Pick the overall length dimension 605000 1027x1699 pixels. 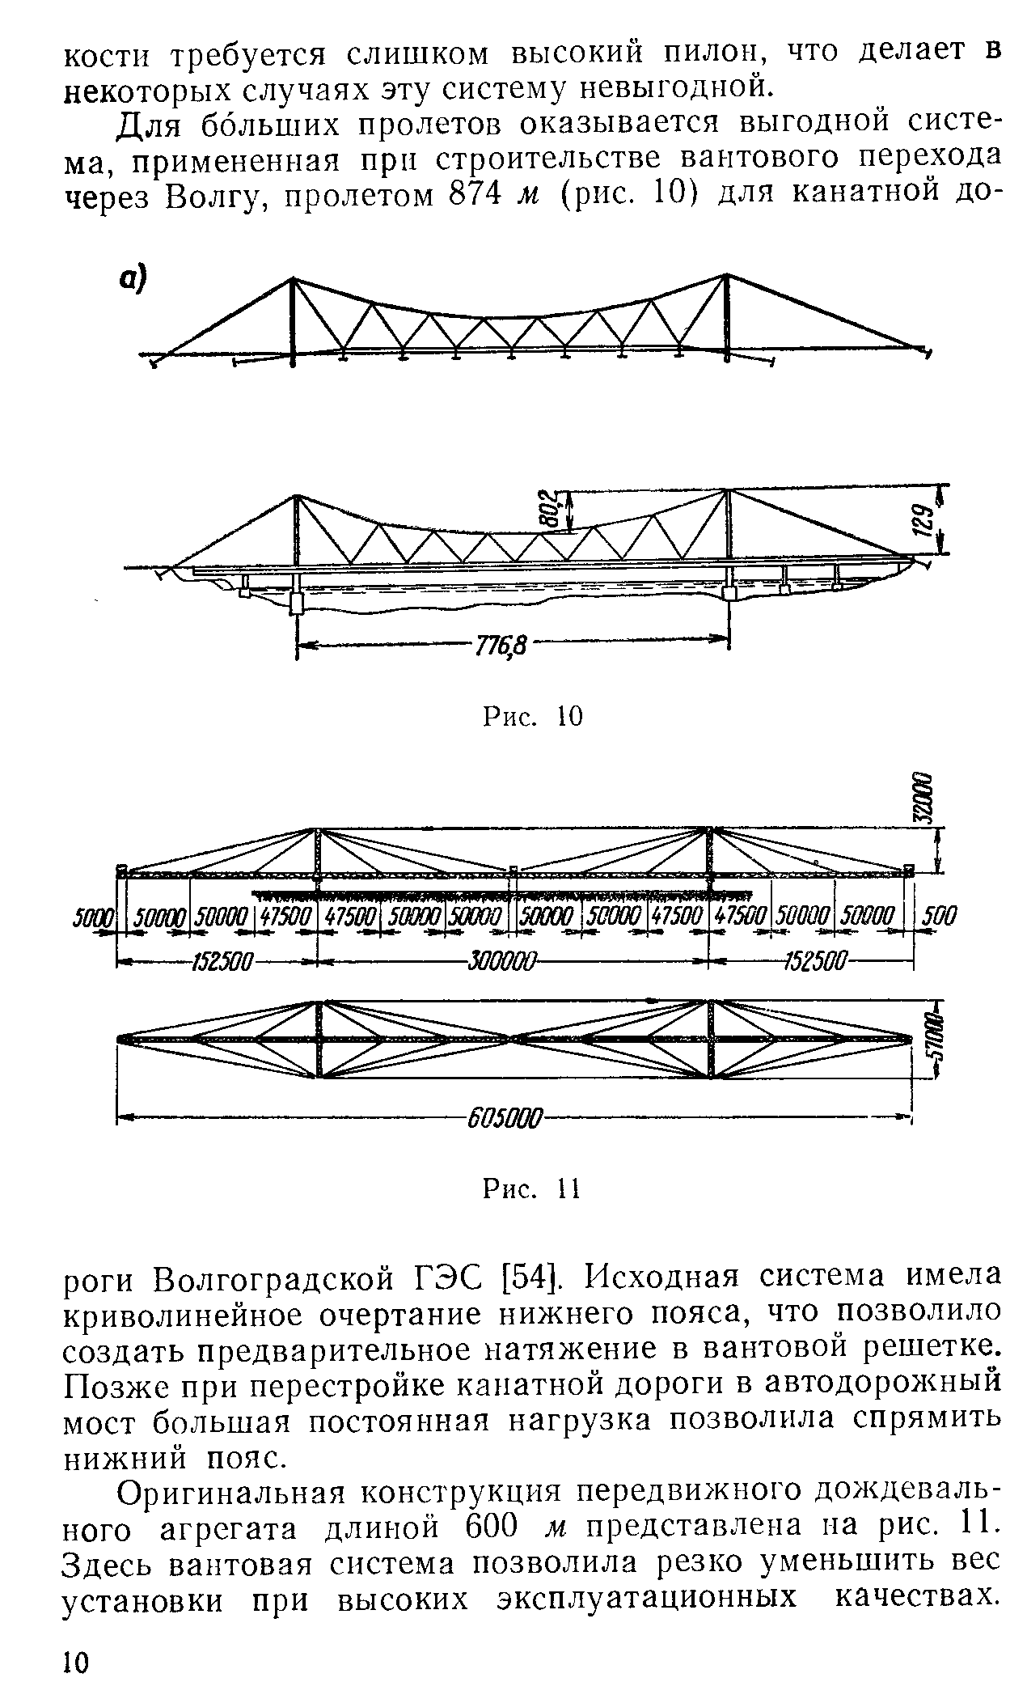(501, 1121)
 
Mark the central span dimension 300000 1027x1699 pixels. (501, 962)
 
